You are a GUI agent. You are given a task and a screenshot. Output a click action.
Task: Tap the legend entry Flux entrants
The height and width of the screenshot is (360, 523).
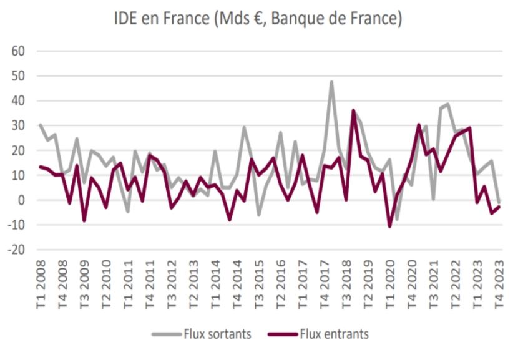point(334,334)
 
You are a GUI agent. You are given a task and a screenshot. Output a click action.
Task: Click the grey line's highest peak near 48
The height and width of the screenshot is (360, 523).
point(331,82)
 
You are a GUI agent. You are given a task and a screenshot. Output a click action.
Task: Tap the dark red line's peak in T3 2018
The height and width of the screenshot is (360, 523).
point(353,110)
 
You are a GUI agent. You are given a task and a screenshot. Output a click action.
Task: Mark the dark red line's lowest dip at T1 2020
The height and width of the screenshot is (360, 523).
point(390,226)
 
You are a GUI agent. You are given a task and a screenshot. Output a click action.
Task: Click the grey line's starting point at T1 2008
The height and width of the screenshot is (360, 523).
point(41,125)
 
